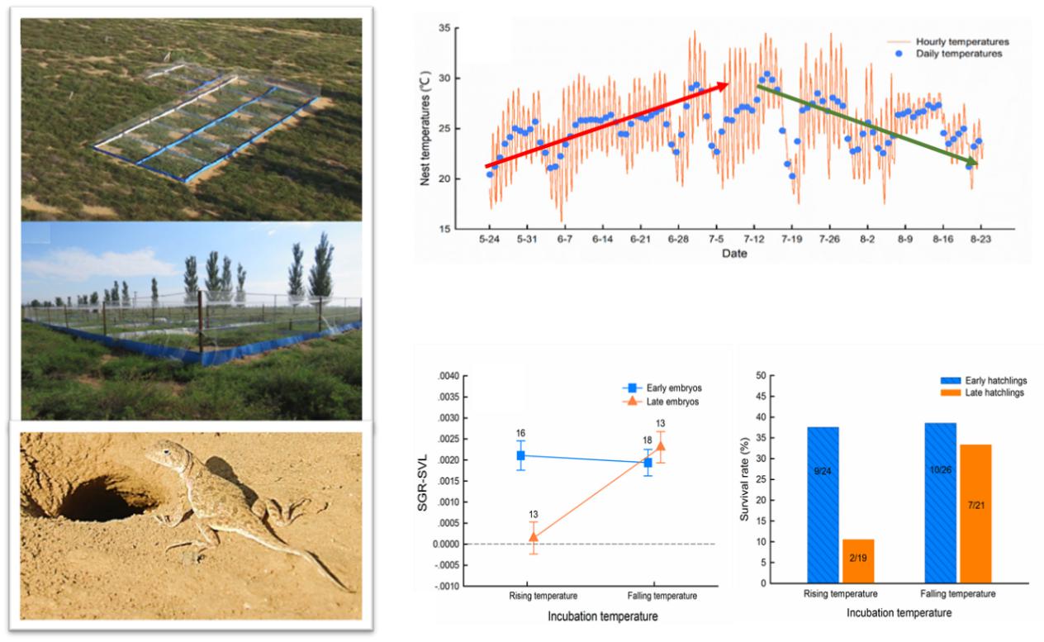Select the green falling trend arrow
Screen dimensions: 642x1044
point(867,125)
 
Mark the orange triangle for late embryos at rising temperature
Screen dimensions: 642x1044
point(534,537)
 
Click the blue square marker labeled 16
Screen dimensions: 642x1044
point(521,455)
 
